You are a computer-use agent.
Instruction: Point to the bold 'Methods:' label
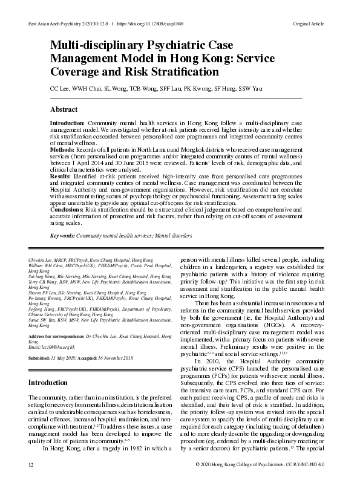coord(63,149)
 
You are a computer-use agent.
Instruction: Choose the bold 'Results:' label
coord(61,174)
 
